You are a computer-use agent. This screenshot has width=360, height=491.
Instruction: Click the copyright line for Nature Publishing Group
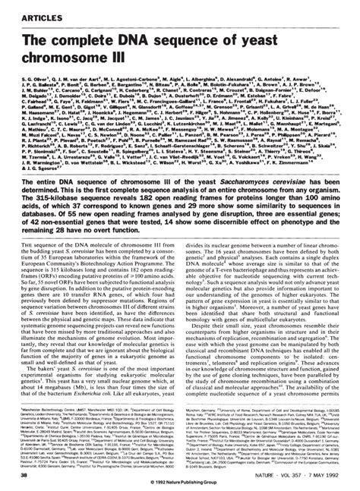(179, 484)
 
